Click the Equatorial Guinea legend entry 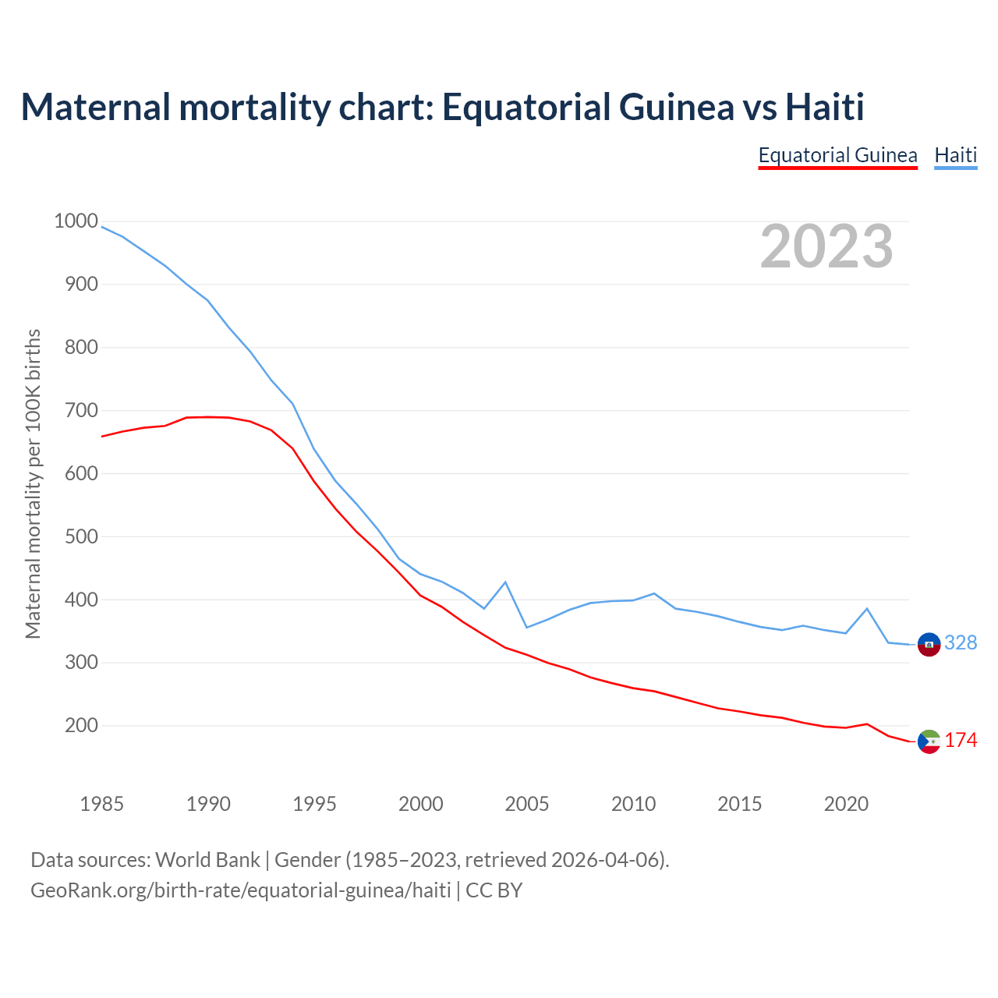click(x=837, y=155)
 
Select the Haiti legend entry click(x=955, y=155)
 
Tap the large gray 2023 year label click(x=826, y=246)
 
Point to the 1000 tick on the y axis click(x=76, y=221)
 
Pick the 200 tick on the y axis click(x=80, y=726)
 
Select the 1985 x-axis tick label click(x=101, y=804)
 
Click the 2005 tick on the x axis click(x=527, y=804)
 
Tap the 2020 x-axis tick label click(x=846, y=804)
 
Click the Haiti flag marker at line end click(x=929, y=645)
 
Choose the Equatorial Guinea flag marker click(x=929, y=741)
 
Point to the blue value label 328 click(x=961, y=642)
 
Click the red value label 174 click(x=961, y=740)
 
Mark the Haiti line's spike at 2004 click(x=505, y=582)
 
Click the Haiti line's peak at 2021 click(x=867, y=609)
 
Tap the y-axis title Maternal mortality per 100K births click(x=33, y=483)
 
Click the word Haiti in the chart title click(x=824, y=107)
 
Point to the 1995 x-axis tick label click(x=314, y=804)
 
